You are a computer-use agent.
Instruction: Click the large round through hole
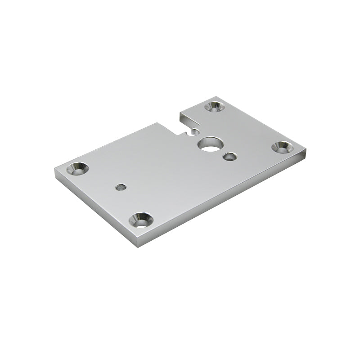coord(208,144)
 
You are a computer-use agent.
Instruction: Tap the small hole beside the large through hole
coord(229,157)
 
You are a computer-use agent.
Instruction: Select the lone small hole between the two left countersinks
coord(120,187)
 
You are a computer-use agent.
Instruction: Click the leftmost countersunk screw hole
coord(77,169)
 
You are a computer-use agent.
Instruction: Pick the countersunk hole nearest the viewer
coord(141,220)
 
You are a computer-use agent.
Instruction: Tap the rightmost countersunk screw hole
coord(282,147)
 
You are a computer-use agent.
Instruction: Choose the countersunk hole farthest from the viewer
coord(214,107)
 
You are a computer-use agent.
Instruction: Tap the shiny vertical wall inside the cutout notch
coord(189,121)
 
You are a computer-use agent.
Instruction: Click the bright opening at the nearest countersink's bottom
coord(142,223)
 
